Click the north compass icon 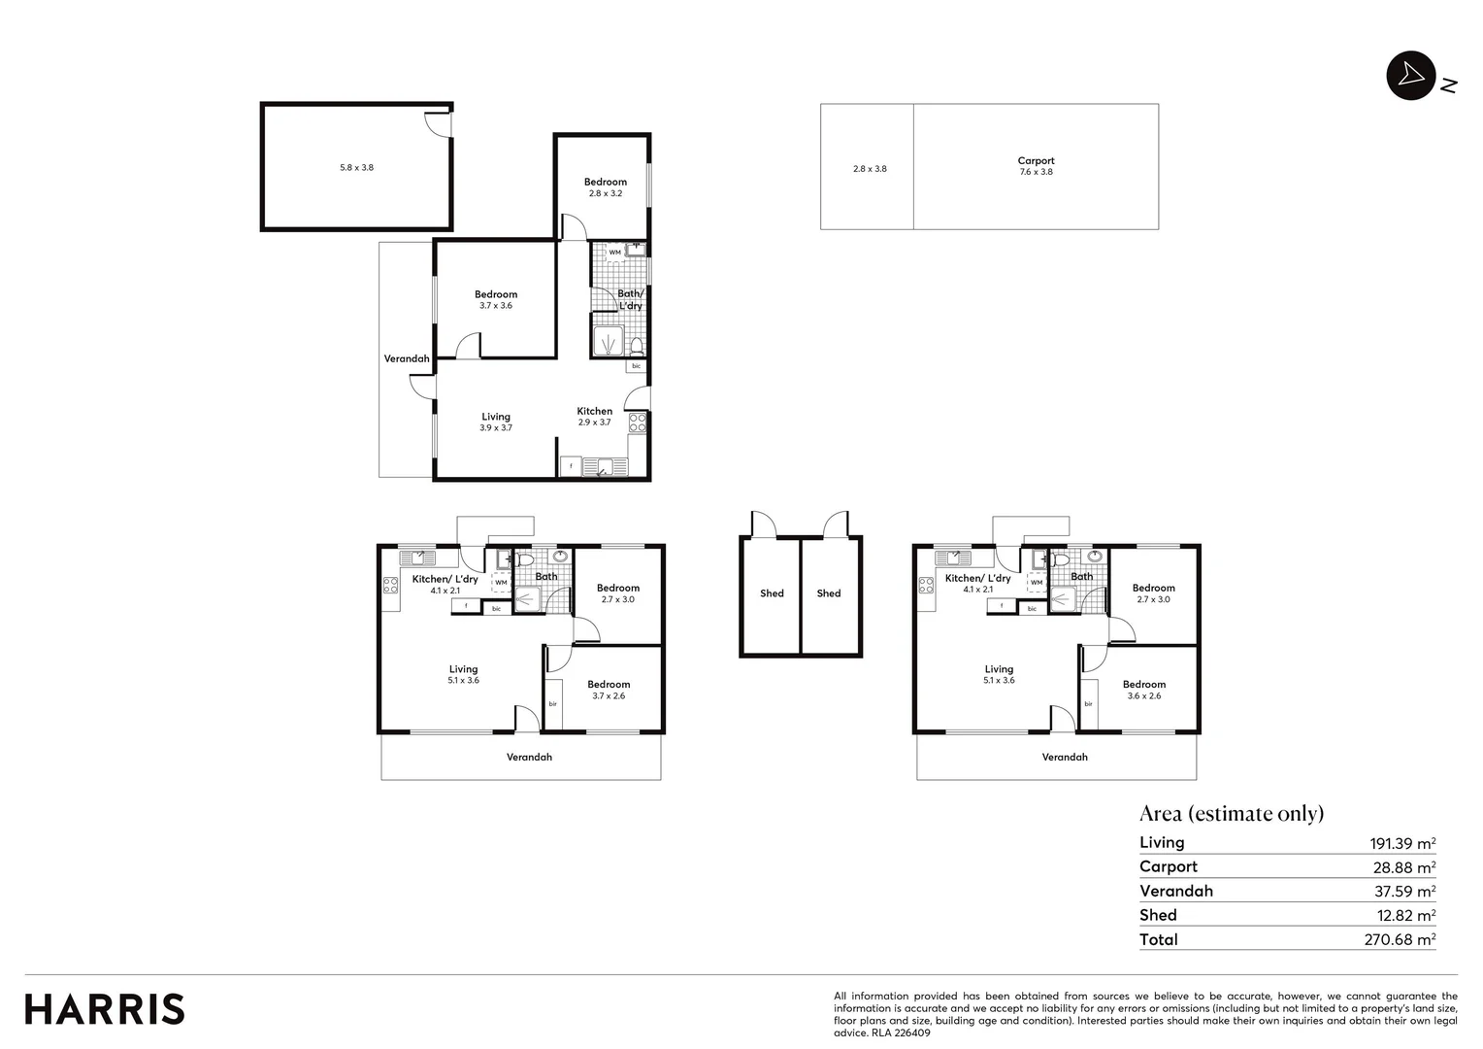point(1410,76)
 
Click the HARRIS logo point(105,1009)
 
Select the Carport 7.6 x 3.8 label point(1036,166)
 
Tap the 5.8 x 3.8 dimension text point(356,168)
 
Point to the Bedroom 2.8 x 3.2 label point(605,187)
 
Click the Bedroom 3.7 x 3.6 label point(495,300)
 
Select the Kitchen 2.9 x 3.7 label point(594,417)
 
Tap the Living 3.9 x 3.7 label point(495,422)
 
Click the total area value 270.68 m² point(1400,939)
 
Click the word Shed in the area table point(1158,915)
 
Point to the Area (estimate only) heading point(1231,813)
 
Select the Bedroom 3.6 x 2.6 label point(1144,690)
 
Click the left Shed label point(772,593)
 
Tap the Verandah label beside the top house point(407,358)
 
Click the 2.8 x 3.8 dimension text point(869,169)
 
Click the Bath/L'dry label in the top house point(630,299)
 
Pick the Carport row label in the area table point(1169,866)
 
